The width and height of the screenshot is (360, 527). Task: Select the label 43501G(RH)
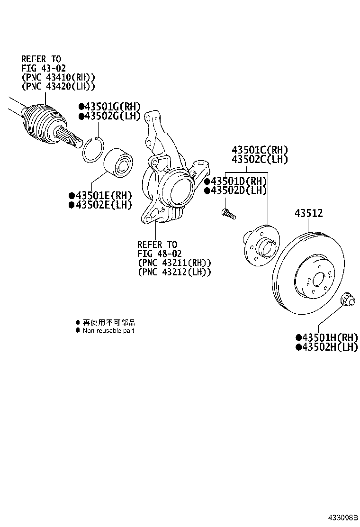click(x=109, y=107)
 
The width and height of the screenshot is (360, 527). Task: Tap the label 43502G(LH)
click(x=109, y=116)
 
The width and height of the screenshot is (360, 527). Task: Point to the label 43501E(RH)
click(x=100, y=195)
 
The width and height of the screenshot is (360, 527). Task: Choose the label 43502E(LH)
click(x=100, y=205)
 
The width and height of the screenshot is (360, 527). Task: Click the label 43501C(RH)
click(x=260, y=150)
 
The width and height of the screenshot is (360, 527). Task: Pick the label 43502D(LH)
click(x=235, y=191)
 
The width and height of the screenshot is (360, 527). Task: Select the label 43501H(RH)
click(x=326, y=337)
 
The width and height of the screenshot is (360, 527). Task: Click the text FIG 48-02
click(x=159, y=254)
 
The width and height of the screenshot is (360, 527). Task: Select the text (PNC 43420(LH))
click(x=58, y=86)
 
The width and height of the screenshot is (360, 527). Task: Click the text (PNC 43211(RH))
click(x=174, y=263)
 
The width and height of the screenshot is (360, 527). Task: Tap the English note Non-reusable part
click(x=108, y=330)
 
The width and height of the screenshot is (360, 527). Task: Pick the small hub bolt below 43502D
click(x=227, y=214)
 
